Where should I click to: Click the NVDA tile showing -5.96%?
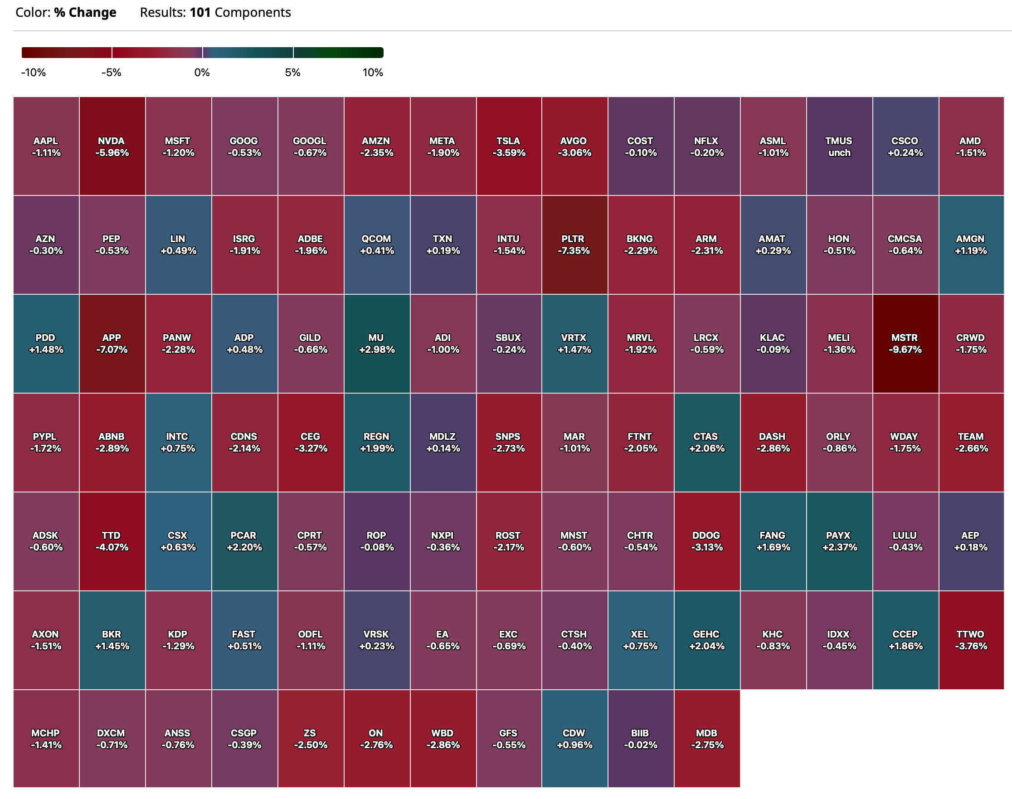tap(112, 146)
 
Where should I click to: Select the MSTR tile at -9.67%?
tap(905, 343)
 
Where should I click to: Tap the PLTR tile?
tap(574, 245)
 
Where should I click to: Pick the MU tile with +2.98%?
tap(376, 343)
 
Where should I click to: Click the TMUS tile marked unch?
tap(839, 146)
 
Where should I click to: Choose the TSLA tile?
tap(508, 146)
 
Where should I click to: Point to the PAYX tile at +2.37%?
tap(839, 541)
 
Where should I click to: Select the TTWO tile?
tap(971, 640)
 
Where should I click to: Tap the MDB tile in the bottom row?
tap(706, 739)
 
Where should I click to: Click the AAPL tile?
tap(46, 146)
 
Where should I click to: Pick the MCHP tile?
tap(46, 739)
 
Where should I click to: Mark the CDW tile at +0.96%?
tap(574, 739)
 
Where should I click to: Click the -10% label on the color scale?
tap(33, 73)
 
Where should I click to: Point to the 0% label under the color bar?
tap(202, 73)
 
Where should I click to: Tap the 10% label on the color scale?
tap(372, 73)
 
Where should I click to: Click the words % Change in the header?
tap(85, 12)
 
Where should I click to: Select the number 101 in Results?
tap(199, 12)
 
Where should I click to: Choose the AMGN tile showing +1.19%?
tap(971, 245)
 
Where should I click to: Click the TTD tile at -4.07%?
tap(112, 541)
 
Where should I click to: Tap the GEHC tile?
tap(706, 640)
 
